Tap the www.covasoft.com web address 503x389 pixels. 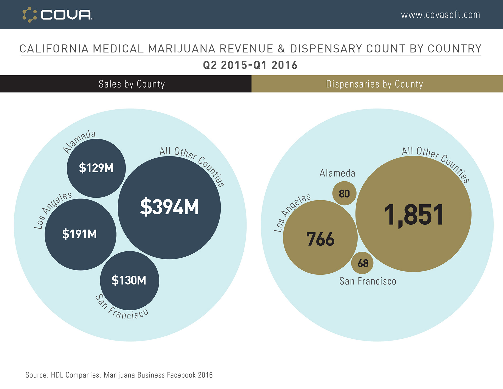coord(440,15)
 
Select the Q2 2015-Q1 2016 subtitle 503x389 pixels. coord(250,65)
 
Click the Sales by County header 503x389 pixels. coord(132,84)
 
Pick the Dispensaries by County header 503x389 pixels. coord(374,84)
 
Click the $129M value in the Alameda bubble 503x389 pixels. coord(96,168)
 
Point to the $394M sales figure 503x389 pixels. coord(170,207)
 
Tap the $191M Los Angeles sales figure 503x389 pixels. coord(79,234)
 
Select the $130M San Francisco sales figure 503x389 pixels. coord(129,280)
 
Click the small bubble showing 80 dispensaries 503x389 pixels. coord(344,194)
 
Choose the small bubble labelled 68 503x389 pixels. coord(363,263)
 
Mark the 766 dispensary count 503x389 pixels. coord(320,239)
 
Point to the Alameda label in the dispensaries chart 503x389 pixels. coord(337,173)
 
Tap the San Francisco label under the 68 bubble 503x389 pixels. coord(368,281)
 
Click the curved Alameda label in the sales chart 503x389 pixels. coord(79,141)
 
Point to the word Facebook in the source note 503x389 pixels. coord(181,375)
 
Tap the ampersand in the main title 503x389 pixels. coord(281,49)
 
